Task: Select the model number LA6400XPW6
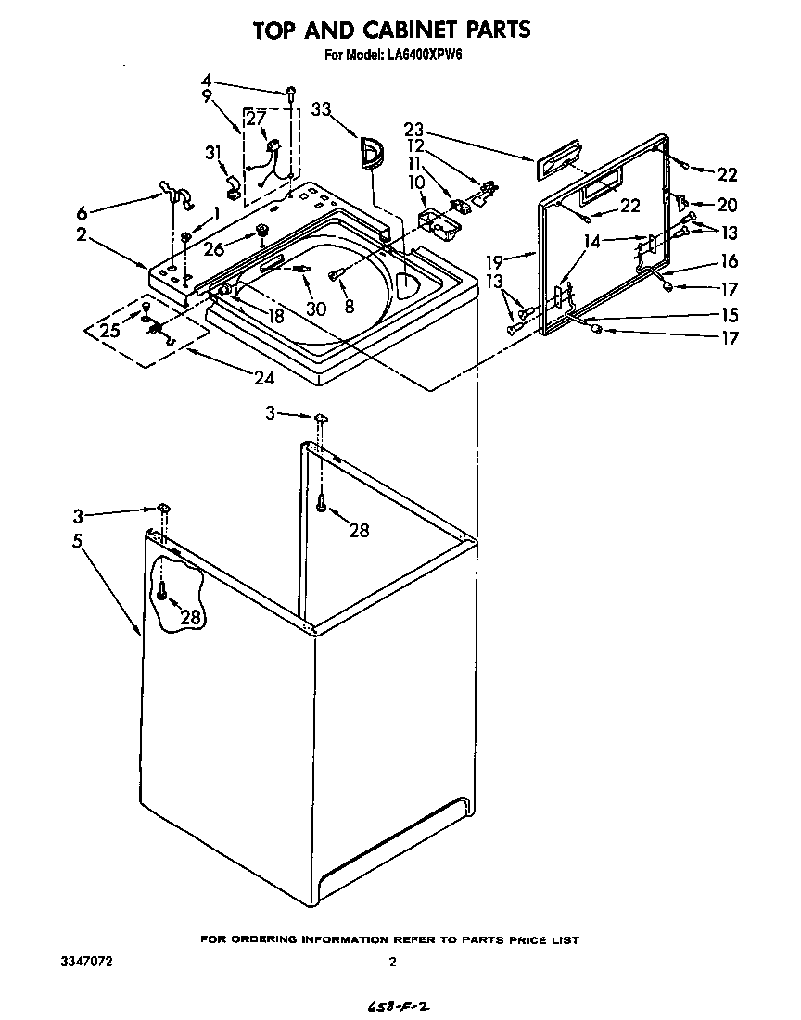(425, 56)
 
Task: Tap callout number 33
(321, 108)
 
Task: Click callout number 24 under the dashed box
(266, 378)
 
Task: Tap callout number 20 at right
(727, 205)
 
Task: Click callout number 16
(729, 262)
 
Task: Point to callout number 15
(729, 313)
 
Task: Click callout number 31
(214, 153)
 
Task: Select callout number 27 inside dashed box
(256, 118)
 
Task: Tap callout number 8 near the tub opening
(349, 307)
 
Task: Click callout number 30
(316, 309)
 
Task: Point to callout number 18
(275, 316)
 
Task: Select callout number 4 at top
(207, 80)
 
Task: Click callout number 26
(214, 247)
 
